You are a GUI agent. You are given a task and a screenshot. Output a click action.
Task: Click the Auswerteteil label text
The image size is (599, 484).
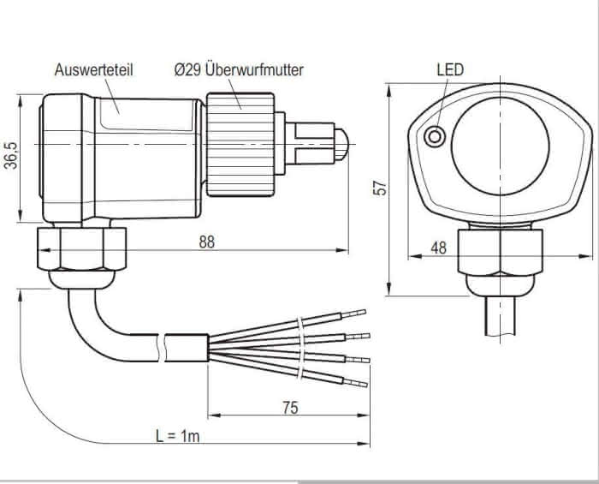(x=93, y=69)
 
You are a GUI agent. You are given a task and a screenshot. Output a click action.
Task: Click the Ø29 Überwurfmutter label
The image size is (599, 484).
(x=239, y=69)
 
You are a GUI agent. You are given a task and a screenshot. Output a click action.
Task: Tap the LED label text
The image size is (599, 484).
(x=449, y=69)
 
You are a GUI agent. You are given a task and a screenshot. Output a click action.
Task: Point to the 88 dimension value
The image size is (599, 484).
(x=206, y=242)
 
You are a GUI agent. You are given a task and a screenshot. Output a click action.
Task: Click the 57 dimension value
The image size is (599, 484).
(x=383, y=186)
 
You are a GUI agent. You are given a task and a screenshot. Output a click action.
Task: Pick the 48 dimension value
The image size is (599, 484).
(x=438, y=248)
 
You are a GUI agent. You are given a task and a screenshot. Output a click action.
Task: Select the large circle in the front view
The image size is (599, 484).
(x=494, y=148)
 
